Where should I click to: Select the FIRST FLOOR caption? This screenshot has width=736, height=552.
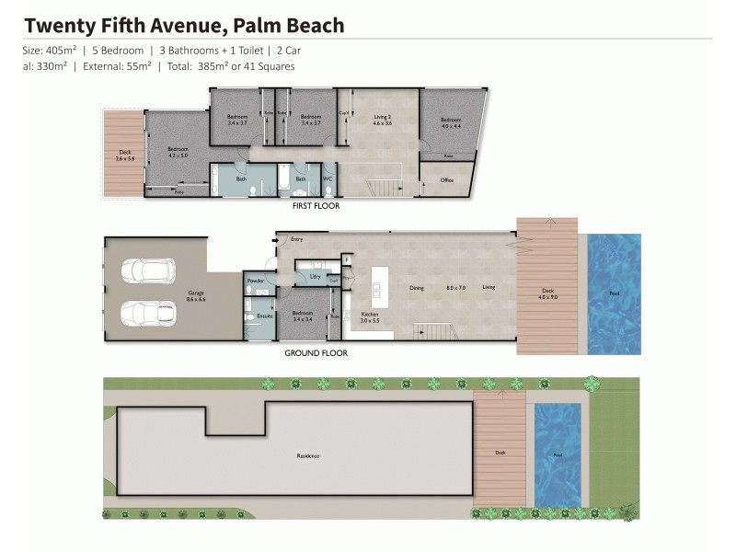coord(316,206)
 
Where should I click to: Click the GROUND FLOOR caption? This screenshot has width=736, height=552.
coord(316,352)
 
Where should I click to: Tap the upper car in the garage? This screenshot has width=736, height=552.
coord(147,270)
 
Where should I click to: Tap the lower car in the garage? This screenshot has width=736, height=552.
coord(147,313)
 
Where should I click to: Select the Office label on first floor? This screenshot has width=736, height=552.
coord(447,180)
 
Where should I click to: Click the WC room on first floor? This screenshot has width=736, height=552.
coord(328,178)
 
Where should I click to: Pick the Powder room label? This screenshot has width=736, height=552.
coord(256,281)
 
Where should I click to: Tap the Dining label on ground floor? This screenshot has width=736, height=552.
coord(417,288)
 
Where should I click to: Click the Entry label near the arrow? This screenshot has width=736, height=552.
coord(296,240)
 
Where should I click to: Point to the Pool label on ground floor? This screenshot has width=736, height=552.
coord(615,293)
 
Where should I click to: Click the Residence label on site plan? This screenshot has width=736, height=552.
coord(307,456)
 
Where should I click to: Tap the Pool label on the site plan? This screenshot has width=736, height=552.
coord(558,455)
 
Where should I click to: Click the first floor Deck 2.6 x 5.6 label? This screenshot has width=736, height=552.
coord(124,155)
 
